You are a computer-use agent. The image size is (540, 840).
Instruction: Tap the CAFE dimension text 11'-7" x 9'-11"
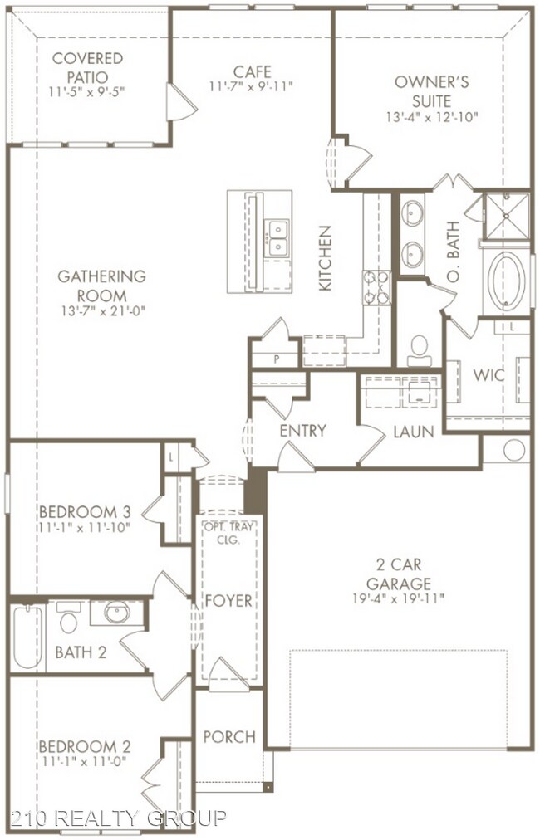point(252,86)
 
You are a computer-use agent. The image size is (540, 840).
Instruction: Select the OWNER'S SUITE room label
point(432,91)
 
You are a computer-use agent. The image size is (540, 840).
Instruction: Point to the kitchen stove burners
point(377,288)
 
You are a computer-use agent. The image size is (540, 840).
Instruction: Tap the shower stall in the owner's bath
point(507,216)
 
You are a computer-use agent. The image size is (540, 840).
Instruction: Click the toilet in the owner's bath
point(420,350)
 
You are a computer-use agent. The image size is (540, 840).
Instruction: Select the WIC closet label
point(488,375)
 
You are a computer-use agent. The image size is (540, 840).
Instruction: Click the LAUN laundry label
point(413,432)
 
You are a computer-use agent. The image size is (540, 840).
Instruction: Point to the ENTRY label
point(303,430)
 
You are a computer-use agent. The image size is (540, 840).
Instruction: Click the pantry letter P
point(277,359)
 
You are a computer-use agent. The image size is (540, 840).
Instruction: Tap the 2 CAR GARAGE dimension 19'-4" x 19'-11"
point(399,598)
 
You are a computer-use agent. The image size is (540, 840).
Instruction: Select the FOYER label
point(228,601)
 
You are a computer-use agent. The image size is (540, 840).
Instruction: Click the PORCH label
point(229,736)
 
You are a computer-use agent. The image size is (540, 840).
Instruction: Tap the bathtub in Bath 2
point(28,637)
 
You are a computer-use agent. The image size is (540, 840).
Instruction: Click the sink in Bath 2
point(116,613)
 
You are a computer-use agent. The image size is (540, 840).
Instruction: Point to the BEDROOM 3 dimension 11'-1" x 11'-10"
point(85,527)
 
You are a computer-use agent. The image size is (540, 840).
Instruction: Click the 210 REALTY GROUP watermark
point(119,818)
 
